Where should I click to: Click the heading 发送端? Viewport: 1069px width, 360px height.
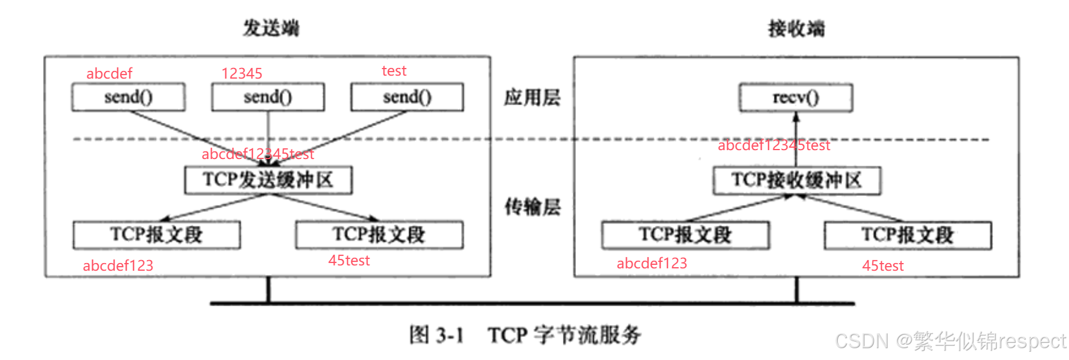click(x=271, y=28)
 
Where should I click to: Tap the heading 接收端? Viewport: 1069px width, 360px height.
click(x=796, y=28)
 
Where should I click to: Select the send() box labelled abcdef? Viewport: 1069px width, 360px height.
click(x=128, y=97)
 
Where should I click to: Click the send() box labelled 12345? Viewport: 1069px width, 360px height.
click(x=268, y=97)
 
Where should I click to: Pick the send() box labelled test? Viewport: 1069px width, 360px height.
click(x=407, y=97)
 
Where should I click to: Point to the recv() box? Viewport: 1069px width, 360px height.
click(x=796, y=98)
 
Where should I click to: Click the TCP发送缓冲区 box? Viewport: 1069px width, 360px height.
click(x=268, y=180)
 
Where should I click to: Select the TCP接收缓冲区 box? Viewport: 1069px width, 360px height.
click(x=796, y=180)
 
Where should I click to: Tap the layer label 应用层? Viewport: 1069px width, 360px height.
click(x=532, y=98)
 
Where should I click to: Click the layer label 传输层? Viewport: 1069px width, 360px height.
click(x=532, y=207)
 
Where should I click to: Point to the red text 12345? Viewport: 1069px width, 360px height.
click(x=242, y=73)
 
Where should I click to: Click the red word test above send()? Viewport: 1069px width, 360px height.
click(x=394, y=71)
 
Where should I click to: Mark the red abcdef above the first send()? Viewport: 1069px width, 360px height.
click(x=109, y=73)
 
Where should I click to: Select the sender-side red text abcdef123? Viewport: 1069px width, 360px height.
click(x=118, y=265)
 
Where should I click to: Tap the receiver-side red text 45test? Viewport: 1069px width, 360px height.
click(x=883, y=265)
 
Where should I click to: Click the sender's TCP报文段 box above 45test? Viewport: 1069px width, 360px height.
click(x=379, y=235)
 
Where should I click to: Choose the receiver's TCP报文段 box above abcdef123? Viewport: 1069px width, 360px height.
click(x=685, y=235)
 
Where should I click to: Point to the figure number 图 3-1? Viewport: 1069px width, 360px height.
click(x=436, y=335)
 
